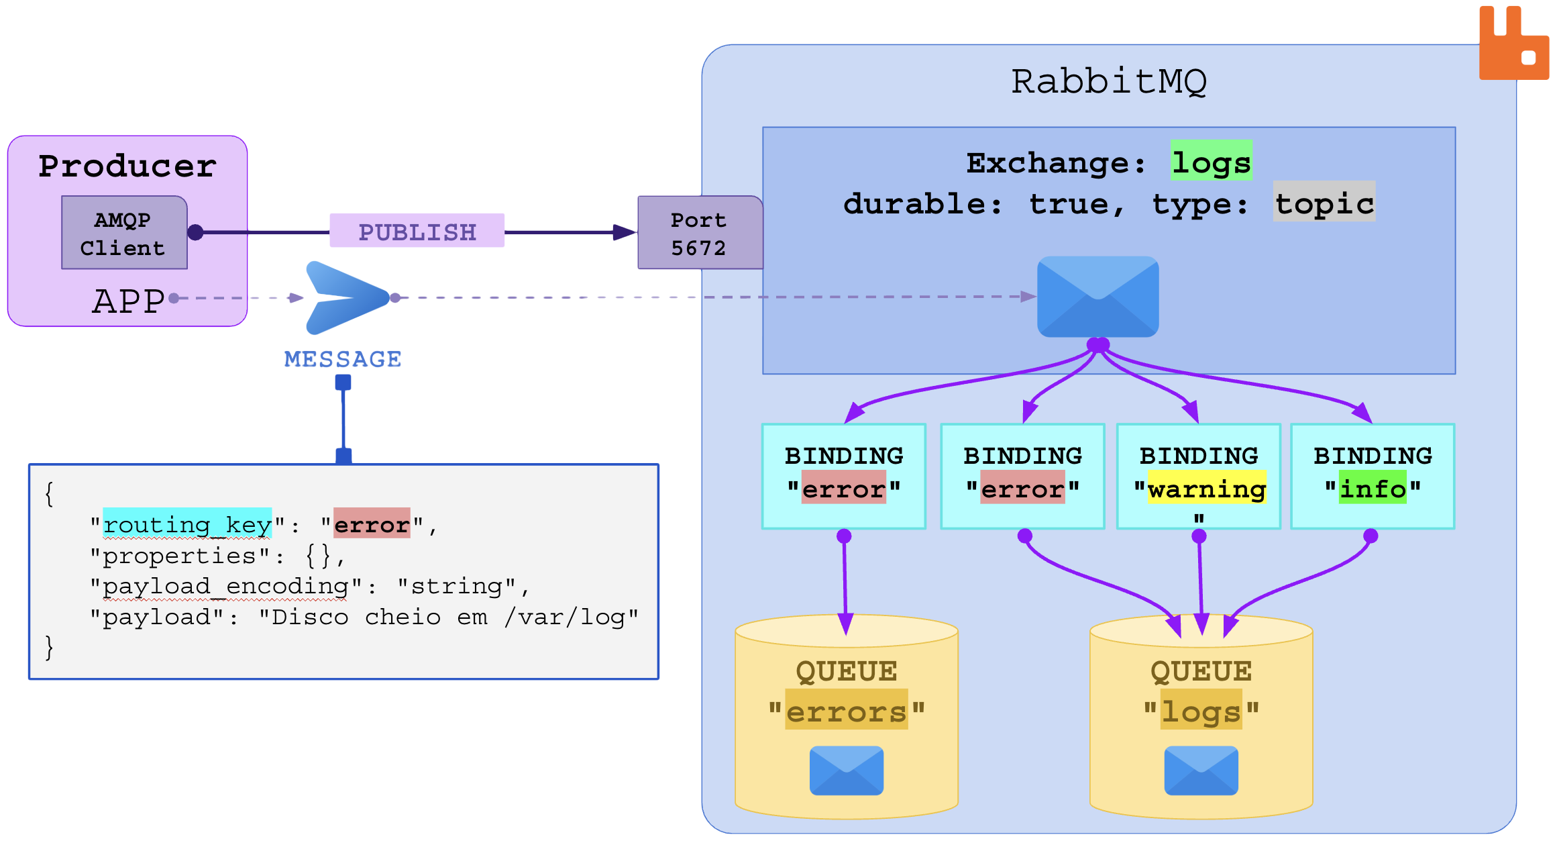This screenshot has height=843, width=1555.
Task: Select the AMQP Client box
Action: pos(124,233)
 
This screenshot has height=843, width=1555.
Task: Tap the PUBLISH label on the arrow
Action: pos(417,232)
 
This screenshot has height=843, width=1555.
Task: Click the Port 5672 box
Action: pos(699,233)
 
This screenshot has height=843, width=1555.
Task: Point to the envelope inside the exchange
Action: pos(1097,296)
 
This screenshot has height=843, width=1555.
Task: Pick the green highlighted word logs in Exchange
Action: pos(1211,161)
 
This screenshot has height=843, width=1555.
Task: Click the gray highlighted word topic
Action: pos(1324,202)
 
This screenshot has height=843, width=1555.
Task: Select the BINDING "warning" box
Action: pos(1198,477)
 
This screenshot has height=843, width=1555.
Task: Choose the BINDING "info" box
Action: pos(1373,477)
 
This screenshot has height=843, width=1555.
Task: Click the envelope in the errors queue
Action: pos(846,771)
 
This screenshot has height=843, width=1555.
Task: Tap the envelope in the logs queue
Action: pos(1201,771)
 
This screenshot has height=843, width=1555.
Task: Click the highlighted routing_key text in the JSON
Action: pos(187,524)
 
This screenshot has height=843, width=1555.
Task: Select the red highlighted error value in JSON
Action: pos(372,524)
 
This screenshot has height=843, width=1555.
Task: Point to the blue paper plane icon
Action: pos(345,297)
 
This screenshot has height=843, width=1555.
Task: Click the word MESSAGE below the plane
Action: pos(343,359)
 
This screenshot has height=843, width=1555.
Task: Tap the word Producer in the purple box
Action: pos(127,166)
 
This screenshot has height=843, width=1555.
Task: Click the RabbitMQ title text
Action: pos(1108,82)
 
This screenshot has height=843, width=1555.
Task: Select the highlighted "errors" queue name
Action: pos(846,711)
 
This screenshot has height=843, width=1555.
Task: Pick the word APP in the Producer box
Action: pos(128,301)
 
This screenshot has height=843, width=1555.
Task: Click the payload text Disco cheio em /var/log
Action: pos(447,617)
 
